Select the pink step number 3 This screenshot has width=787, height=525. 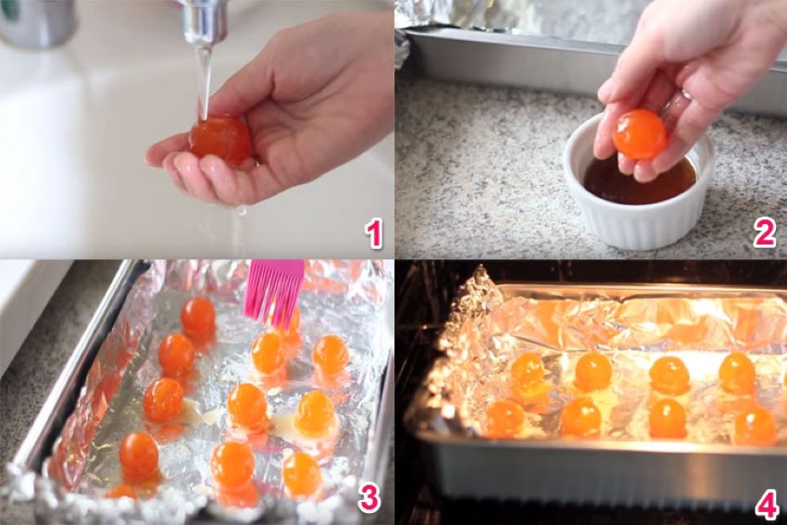click(x=369, y=498)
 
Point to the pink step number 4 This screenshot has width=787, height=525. click(x=765, y=505)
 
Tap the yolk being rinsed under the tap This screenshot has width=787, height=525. click(x=220, y=139)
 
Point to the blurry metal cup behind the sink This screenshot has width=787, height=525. click(x=37, y=23)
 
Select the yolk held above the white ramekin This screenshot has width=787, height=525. click(x=640, y=134)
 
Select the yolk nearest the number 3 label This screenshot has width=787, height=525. click(x=302, y=473)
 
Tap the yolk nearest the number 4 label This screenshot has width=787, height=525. click(x=755, y=425)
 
